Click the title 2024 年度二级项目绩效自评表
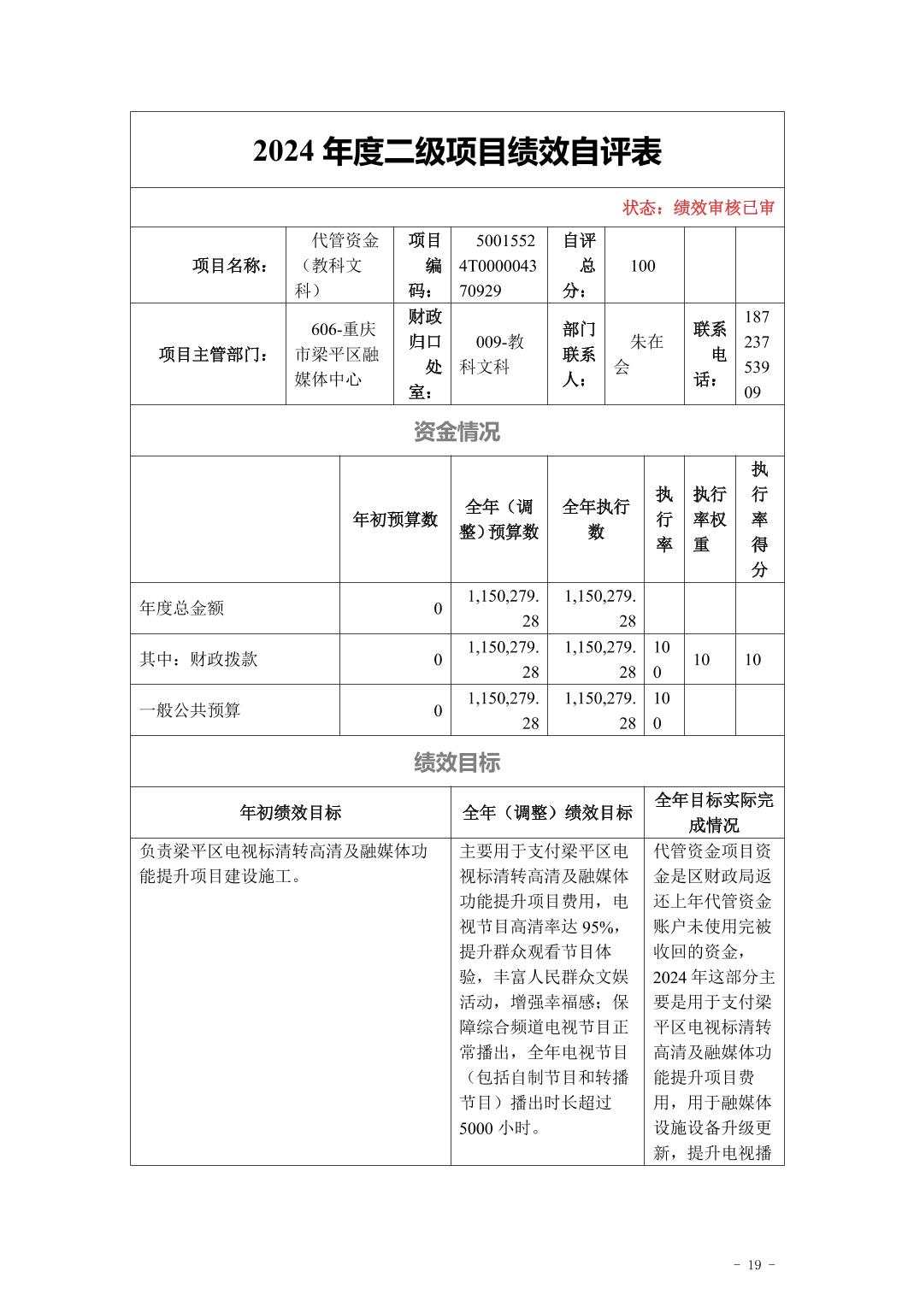[x=457, y=152]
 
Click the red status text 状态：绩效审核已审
[x=698, y=208]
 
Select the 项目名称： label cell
[x=230, y=266]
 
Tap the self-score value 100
[x=643, y=266]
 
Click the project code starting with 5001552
[x=498, y=266]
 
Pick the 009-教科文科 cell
[x=498, y=354]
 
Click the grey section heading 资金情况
[x=457, y=432]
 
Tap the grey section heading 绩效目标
[x=457, y=762]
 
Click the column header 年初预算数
[x=395, y=520]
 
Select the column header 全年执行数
[x=595, y=520]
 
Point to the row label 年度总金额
[x=182, y=608]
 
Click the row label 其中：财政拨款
[x=198, y=659]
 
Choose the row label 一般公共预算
[x=190, y=710]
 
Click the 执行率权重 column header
[x=709, y=519]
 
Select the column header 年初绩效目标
[x=291, y=813]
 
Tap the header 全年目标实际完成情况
[x=714, y=813]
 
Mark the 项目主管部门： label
[x=212, y=354]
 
